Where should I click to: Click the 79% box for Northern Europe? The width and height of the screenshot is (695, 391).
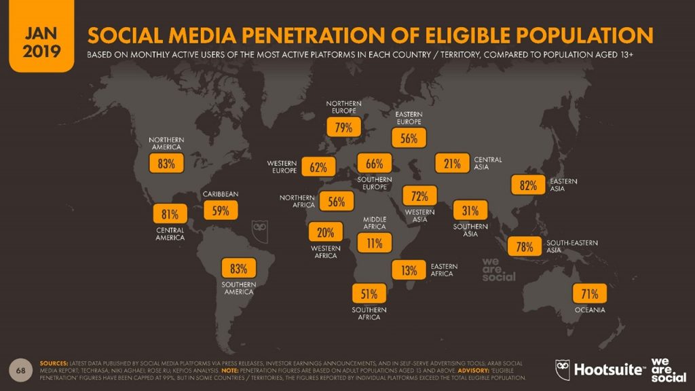(339, 127)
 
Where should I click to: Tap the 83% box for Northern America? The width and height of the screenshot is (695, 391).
(166, 164)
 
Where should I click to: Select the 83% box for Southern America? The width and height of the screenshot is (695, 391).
(238, 268)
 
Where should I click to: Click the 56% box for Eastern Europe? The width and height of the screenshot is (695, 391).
(409, 138)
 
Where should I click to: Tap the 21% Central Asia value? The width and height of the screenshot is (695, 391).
(453, 164)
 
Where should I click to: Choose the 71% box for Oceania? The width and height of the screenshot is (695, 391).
(590, 294)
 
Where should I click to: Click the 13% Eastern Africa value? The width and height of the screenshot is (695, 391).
(409, 270)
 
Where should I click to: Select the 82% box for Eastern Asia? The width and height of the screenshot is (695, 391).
(528, 185)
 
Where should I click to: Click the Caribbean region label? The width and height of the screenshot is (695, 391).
(221, 194)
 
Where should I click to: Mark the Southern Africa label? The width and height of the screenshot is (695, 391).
(369, 314)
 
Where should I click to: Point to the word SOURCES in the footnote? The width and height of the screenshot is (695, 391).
(57, 363)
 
